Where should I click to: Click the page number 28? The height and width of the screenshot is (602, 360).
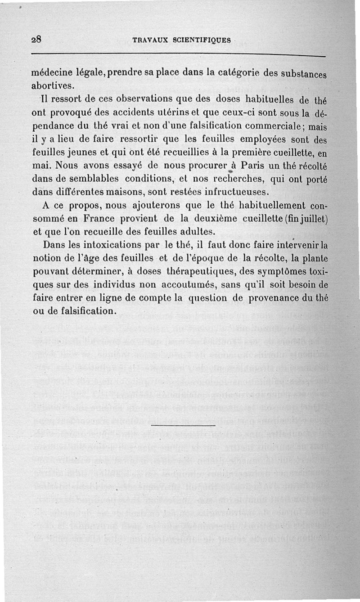(36, 39)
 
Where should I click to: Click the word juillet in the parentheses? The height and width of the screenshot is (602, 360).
(310, 219)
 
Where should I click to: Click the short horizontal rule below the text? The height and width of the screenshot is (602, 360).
(183, 425)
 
